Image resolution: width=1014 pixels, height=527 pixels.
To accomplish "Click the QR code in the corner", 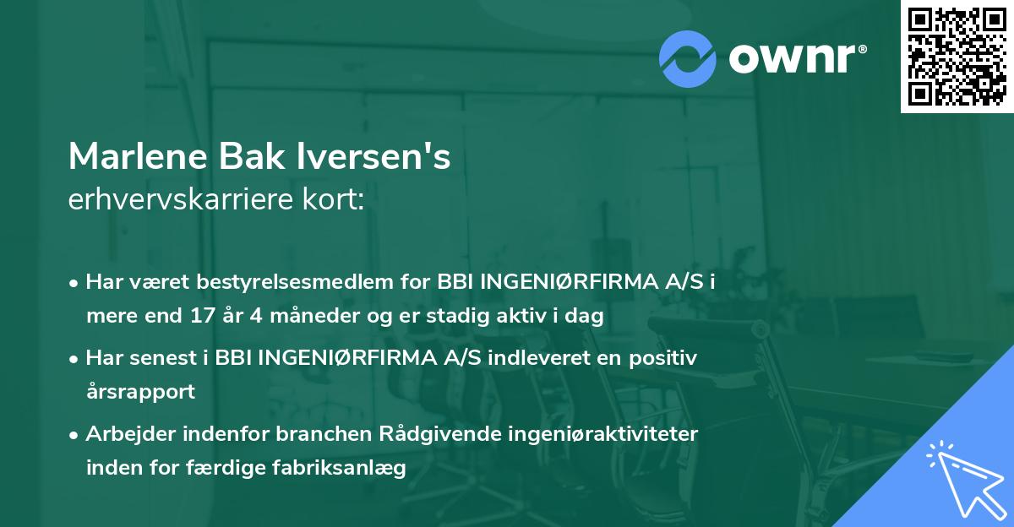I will coord(956,57).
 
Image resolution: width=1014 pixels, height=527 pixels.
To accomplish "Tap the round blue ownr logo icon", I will coord(688,58).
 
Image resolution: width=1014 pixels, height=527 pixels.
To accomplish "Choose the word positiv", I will coord(662,358).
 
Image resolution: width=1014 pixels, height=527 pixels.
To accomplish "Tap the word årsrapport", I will coord(140,392).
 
